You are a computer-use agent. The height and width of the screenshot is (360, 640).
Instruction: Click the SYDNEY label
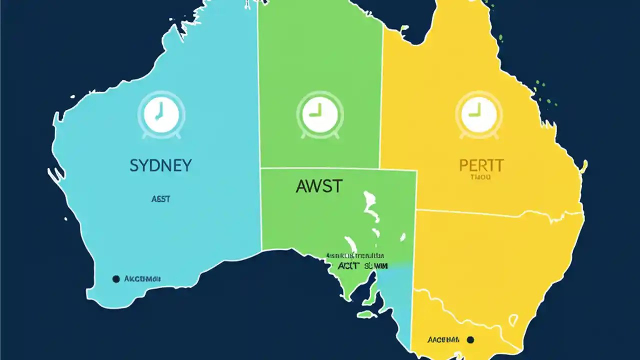[160, 165]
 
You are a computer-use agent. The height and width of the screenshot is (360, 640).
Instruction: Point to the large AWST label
[319, 186]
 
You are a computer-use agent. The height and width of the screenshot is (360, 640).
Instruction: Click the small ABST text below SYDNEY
[160, 199]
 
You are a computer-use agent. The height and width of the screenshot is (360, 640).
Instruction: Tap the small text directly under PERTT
[480, 177]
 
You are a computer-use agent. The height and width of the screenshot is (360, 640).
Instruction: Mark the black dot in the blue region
[116, 278]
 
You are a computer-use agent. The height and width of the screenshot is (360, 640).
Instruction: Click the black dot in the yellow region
[469, 340]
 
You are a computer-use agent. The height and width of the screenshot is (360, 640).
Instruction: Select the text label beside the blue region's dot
[142, 278]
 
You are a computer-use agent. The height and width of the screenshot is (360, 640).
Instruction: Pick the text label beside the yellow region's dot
[443, 340]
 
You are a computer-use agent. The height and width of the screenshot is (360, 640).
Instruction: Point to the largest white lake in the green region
[370, 205]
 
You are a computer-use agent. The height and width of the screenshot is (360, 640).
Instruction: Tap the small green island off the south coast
[367, 314]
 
